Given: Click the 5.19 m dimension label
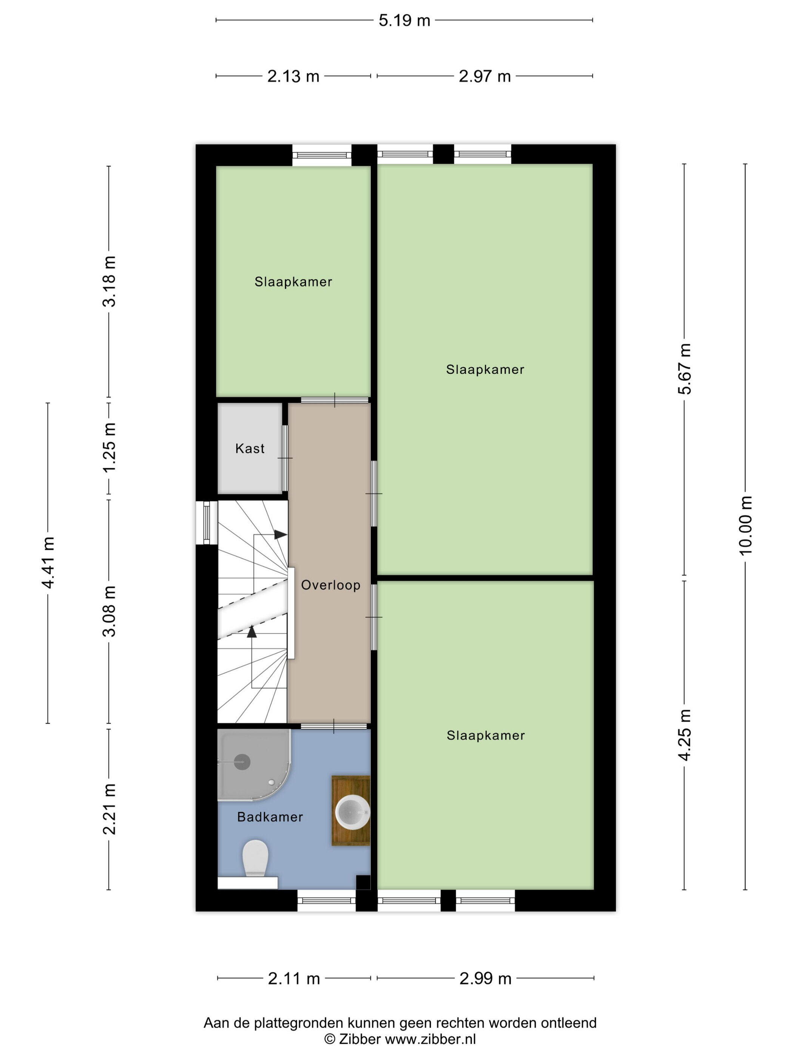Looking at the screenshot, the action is [x=404, y=20].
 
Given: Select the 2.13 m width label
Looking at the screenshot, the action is [x=293, y=76].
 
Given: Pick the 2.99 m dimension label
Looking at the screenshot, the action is [x=485, y=979].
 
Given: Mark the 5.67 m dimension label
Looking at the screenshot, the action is [x=684, y=369].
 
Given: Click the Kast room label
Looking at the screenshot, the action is [x=250, y=448].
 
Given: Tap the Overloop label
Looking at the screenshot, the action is [x=330, y=585].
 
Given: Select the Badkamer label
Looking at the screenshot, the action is [x=270, y=817].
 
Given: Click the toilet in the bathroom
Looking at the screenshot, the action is [x=255, y=858].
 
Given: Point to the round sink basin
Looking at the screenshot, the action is [x=352, y=811].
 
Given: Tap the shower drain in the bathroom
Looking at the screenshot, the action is [x=242, y=761].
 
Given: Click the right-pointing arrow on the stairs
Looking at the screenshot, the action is [x=281, y=534].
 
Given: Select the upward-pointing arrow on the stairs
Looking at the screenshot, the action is [x=251, y=631].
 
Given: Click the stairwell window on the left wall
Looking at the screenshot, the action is [x=207, y=522].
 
